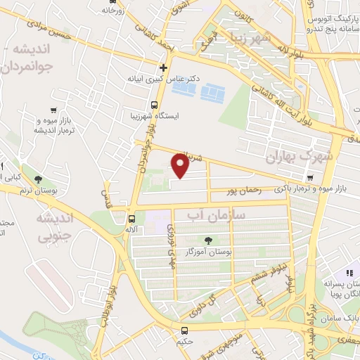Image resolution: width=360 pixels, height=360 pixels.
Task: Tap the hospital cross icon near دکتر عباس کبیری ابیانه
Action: coord(164,68)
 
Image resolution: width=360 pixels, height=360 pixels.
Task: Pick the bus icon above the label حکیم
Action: coord(184,330)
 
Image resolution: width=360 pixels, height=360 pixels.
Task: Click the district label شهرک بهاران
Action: coord(319,155)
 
